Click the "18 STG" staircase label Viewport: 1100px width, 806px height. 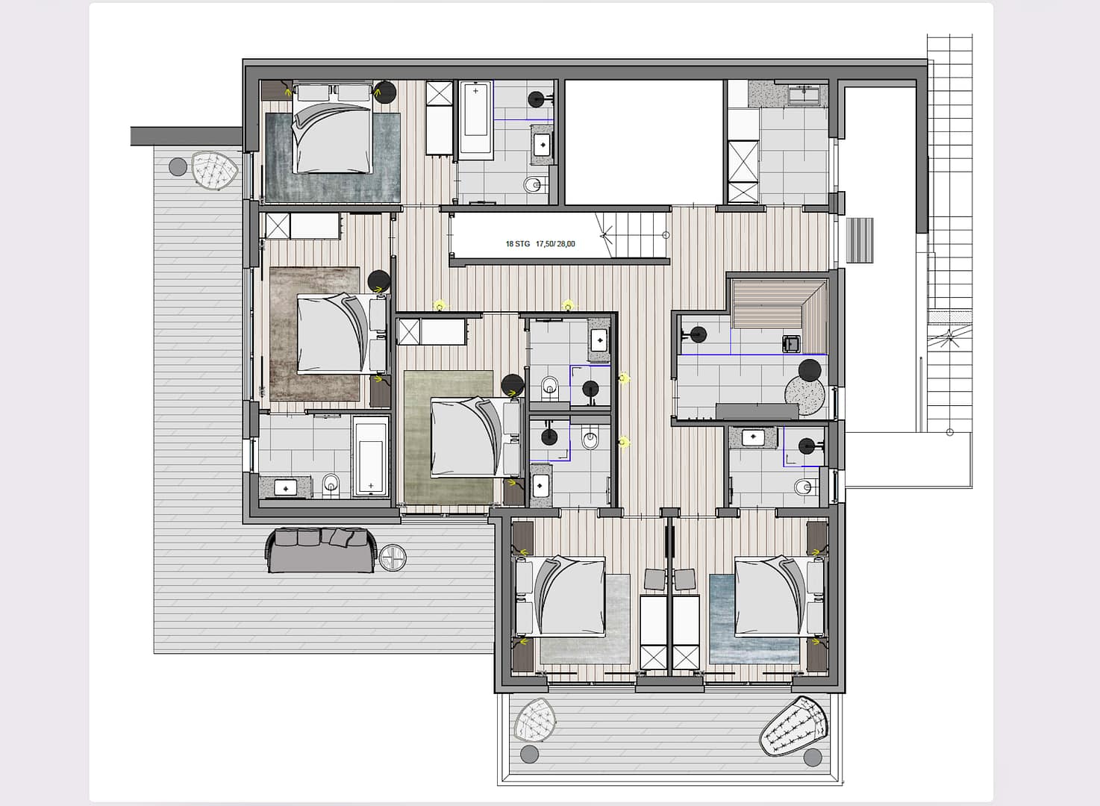pos(518,243)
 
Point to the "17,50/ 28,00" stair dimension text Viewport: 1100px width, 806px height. pos(555,243)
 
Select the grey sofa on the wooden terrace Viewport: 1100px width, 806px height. pos(322,551)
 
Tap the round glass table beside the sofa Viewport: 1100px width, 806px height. pos(393,557)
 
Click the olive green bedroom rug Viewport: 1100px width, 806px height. pos(449,437)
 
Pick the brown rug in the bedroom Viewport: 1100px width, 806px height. pos(315,334)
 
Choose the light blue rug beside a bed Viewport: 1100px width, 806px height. pos(754,619)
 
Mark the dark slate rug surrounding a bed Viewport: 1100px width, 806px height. pos(333,157)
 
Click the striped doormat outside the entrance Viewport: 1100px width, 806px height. pos(860,240)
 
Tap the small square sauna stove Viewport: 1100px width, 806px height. pos(791,344)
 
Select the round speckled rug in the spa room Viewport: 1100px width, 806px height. pos(805,396)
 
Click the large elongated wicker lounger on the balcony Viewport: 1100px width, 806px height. pos(794,726)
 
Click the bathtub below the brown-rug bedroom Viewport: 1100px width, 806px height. pos(371,457)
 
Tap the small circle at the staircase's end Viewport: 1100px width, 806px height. pos(666,235)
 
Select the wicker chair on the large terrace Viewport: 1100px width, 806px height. pos(215,170)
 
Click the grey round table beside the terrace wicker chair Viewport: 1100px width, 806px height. pos(178,167)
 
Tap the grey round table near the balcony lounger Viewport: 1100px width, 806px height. pos(813,757)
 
